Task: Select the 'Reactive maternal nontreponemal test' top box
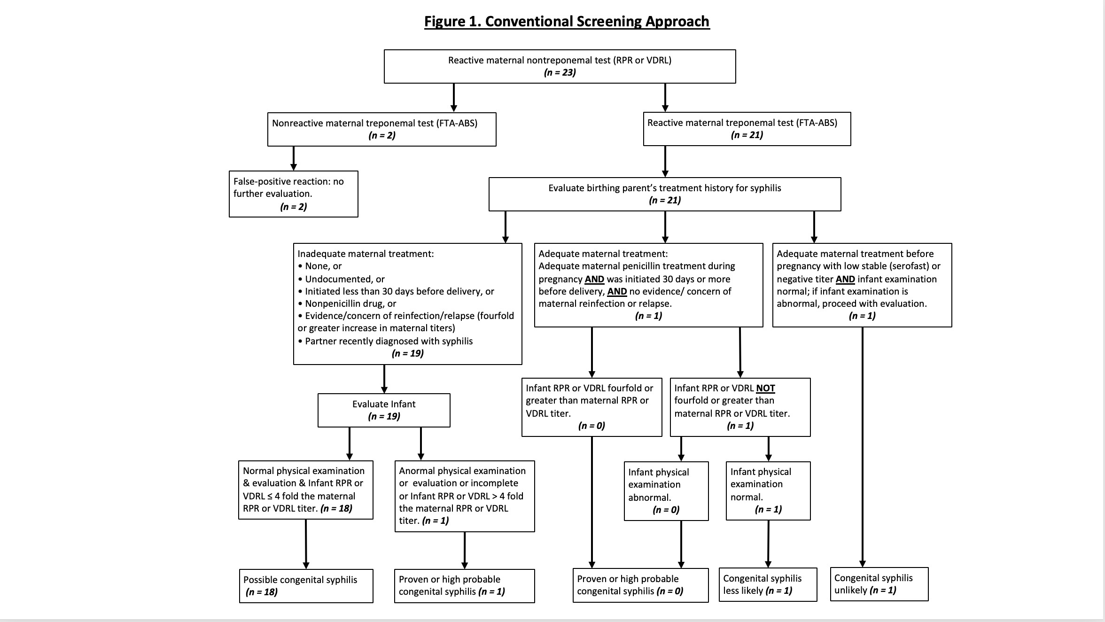click(560, 66)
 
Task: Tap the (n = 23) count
click(560, 72)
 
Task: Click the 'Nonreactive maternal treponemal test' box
click(382, 129)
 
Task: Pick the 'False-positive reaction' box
click(294, 194)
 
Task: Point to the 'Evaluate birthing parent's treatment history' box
click(665, 194)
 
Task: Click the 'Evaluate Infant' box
click(384, 410)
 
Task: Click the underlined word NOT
click(765, 388)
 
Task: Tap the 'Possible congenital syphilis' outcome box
click(306, 586)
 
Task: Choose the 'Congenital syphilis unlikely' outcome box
click(879, 584)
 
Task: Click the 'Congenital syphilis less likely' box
click(768, 584)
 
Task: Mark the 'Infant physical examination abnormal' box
click(666, 491)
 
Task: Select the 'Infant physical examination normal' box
click(768, 491)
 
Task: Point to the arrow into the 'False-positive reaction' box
click(294, 158)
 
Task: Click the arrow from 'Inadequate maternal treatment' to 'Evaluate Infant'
click(384, 379)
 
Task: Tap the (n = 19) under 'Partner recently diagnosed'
click(408, 353)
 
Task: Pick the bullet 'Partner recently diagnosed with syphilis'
click(385, 341)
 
